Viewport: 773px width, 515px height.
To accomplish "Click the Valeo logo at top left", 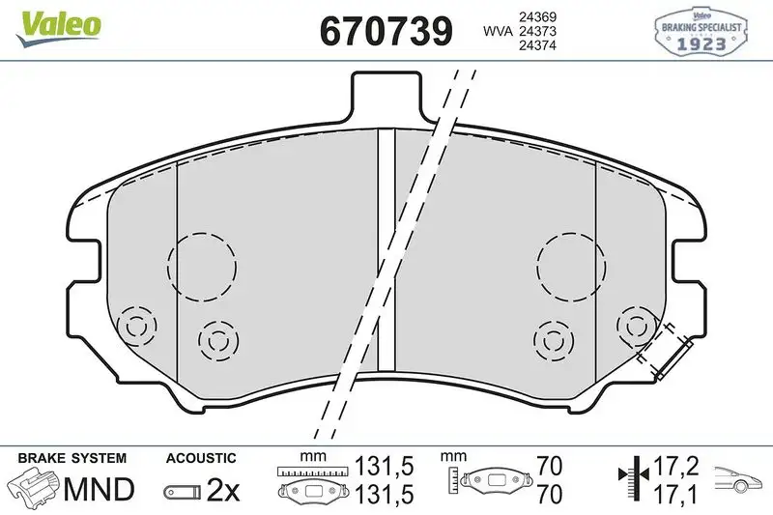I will pos(55,24).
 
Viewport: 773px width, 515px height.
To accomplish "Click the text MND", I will pos(99,490).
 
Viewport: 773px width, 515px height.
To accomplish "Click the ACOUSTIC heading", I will pos(200,458).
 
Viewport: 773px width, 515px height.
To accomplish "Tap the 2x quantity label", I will pos(223,491).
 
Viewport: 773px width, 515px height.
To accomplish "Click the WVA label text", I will pos(498,32).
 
